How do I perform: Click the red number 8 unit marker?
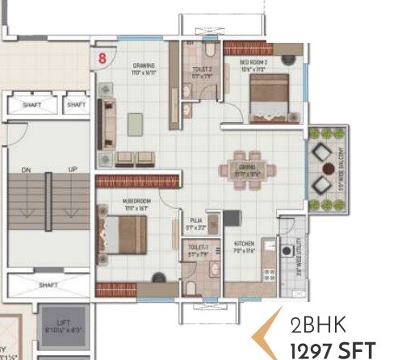coord(103,57)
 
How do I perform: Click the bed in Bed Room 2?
coord(268,98)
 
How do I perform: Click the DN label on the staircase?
coord(25,170)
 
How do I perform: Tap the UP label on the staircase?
coord(73,170)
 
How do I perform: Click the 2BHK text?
coord(318,327)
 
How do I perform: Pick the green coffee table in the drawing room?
coord(136,123)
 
